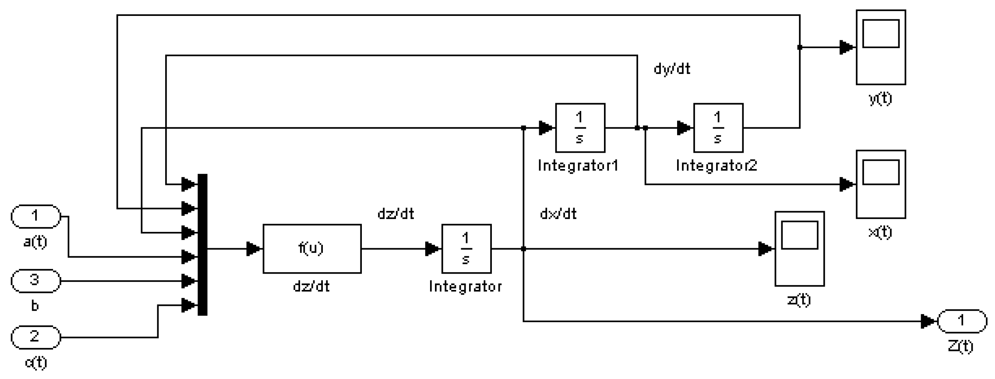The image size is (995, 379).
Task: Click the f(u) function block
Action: pyautogui.click(x=312, y=248)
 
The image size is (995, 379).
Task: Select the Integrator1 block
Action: pyautogui.click(x=580, y=127)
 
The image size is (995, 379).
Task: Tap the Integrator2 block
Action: pyautogui.click(x=718, y=127)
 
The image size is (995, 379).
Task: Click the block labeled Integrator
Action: pyautogui.click(x=466, y=248)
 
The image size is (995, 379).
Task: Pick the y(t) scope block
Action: pyautogui.click(x=881, y=47)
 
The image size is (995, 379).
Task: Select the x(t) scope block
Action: pyautogui.click(x=881, y=184)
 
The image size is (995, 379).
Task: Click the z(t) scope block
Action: pyautogui.click(x=799, y=248)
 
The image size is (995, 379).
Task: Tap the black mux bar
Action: pyautogui.click(x=202, y=244)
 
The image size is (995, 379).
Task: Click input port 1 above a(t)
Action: pyautogui.click(x=36, y=216)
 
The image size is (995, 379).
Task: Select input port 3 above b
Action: pyautogui.click(x=36, y=281)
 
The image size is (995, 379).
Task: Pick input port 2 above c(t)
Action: pyautogui.click(x=36, y=337)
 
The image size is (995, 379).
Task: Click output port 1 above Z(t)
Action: pyautogui.click(x=962, y=321)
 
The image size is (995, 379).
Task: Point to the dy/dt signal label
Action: pyautogui.click(x=672, y=69)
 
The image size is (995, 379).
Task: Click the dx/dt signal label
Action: pyautogui.click(x=558, y=214)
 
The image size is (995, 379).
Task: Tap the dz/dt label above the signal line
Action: pyautogui.click(x=396, y=214)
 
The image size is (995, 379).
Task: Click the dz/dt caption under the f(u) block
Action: pyautogui.click(x=311, y=286)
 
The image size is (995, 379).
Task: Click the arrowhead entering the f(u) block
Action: pyautogui.click(x=254, y=249)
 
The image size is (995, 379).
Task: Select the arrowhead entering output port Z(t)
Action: pyautogui.click(x=928, y=321)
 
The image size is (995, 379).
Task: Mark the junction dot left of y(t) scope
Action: pyautogui.click(x=799, y=47)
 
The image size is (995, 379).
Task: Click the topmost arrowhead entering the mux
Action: pyautogui.click(x=189, y=184)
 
